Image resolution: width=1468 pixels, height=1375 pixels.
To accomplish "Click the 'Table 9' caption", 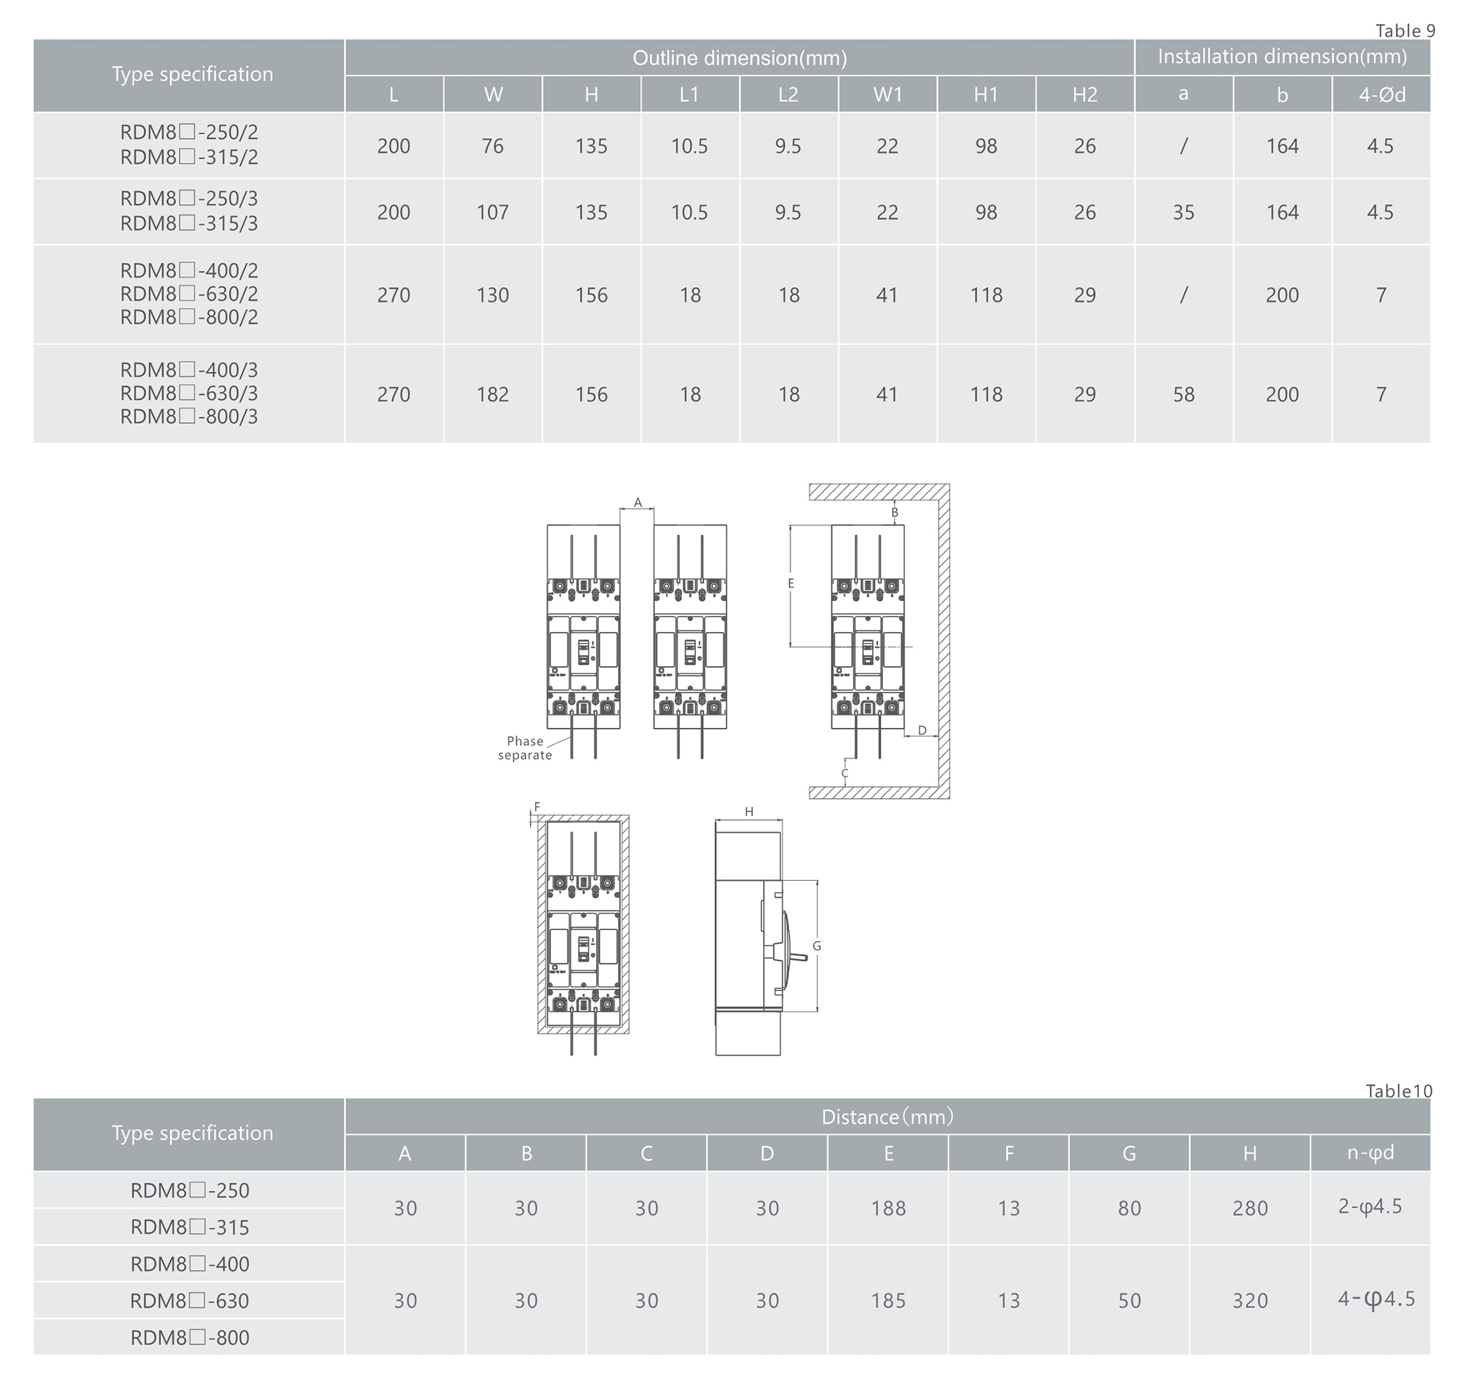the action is click(x=1405, y=30).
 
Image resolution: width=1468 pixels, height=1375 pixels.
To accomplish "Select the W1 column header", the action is click(x=887, y=95).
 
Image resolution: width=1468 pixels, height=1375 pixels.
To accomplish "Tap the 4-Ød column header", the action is click(x=1381, y=95).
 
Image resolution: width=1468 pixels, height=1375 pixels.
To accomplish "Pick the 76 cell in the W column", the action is click(x=493, y=146).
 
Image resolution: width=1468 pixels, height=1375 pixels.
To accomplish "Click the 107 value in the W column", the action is click(x=493, y=213).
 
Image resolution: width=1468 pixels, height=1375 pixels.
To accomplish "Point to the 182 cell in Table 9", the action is click(x=493, y=394).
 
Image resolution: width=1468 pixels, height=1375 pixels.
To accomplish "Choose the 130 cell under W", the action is click(x=493, y=295).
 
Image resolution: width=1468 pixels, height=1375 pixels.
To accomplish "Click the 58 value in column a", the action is click(x=1184, y=394).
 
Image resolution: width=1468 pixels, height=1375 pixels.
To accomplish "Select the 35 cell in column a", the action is click(x=1184, y=213).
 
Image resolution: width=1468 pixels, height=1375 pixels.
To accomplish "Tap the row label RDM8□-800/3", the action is click(x=189, y=417).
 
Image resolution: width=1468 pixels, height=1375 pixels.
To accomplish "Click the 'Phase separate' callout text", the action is click(x=525, y=748).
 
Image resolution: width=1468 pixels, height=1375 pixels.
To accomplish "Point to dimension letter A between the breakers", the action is click(x=638, y=503).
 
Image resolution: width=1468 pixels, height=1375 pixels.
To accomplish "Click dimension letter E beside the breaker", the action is click(x=791, y=584).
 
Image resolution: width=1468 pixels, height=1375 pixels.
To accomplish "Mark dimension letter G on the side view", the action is click(x=817, y=946).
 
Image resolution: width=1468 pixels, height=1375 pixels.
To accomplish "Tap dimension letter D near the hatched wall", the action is click(x=923, y=730).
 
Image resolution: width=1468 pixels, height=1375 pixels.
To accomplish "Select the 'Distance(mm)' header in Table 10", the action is click(x=887, y=1117).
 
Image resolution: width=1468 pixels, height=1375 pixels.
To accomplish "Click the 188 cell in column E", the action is click(x=888, y=1208).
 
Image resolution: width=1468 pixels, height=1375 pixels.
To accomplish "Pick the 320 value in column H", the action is click(x=1250, y=1300).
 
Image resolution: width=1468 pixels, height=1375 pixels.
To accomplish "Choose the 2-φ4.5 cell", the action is click(x=1370, y=1207).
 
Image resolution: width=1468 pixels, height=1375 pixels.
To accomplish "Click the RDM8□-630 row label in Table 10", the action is click(x=189, y=1301).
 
